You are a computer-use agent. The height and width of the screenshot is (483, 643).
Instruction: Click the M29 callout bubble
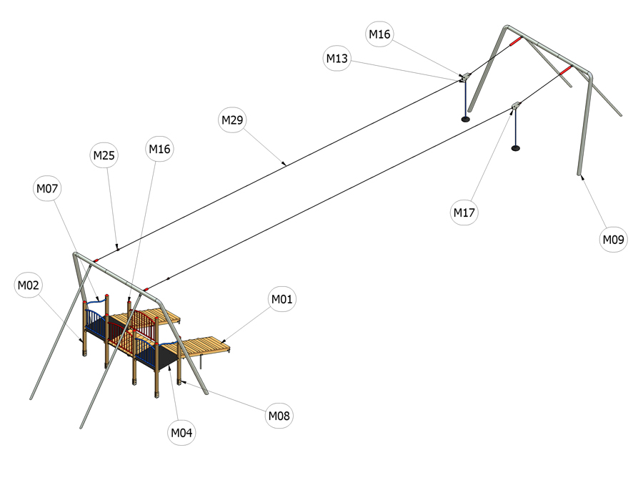click(x=232, y=120)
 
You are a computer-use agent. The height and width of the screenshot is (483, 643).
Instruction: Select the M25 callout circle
click(x=104, y=155)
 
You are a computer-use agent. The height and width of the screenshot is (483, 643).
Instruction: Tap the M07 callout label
click(x=47, y=188)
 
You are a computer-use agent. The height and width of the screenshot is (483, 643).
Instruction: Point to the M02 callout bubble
click(x=29, y=285)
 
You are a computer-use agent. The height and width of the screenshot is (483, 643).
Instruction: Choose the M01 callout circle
click(x=282, y=299)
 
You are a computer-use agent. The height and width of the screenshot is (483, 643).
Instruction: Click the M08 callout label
click(x=279, y=416)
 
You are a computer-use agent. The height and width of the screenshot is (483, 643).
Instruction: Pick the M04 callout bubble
click(x=181, y=432)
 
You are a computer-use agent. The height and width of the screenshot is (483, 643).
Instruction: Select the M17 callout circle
click(x=464, y=213)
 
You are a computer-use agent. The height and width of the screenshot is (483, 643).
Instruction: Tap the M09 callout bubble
click(x=613, y=239)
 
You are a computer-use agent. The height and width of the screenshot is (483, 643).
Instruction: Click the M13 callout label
click(x=337, y=59)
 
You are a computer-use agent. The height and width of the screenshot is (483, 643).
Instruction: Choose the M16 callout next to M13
click(x=379, y=34)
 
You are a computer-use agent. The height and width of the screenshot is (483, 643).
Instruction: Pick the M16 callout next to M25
click(x=159, y=149)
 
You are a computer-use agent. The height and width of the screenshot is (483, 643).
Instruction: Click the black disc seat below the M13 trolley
click(x=465, y=119)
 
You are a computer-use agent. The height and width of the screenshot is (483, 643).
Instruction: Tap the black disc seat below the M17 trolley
click(x=516, y=148)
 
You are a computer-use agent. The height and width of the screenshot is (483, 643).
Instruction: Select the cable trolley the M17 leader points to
click(x=516, y=105)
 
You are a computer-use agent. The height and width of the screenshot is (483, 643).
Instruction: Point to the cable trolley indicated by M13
click(x=465, y=77)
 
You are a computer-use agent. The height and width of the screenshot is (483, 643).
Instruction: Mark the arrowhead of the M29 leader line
click(x=284, y=164)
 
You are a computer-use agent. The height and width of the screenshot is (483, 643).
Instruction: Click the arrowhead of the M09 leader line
click(x=582, y=177)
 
